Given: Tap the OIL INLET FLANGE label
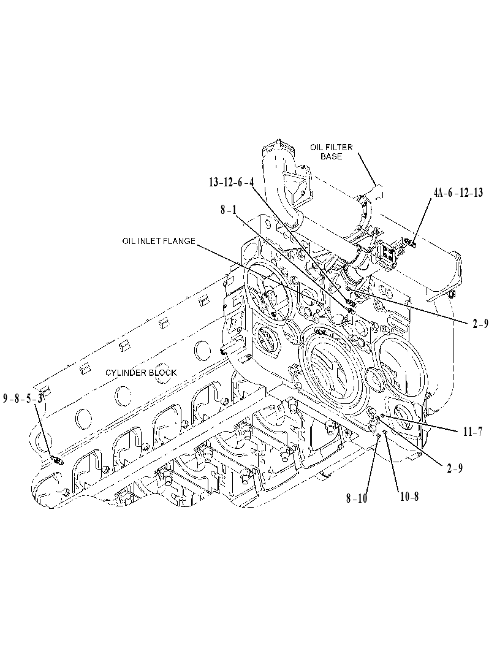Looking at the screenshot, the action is (159, 241).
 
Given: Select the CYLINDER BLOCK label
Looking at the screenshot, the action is (141, 372).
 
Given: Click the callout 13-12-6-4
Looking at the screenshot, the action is (232, 183).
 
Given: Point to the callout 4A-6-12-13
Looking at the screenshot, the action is (458, 192).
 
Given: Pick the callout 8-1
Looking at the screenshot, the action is (229, 210).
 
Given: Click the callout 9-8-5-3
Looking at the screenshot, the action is (23, 399).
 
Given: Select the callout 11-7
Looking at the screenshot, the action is (472, 432).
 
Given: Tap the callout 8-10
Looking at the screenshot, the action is (357, 498).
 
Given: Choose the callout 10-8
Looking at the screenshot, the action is (408, 497).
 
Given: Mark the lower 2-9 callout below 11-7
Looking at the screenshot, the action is (455, 468).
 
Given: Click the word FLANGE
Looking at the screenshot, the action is (181, 241).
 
